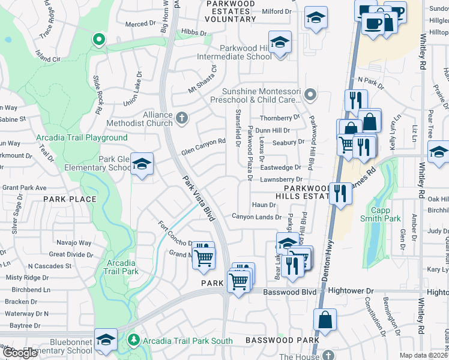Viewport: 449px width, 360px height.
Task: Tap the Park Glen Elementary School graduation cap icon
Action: [141, 164]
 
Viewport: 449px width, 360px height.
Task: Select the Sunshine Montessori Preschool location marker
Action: [310, 94]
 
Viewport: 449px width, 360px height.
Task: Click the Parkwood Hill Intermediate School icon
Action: [279, 44]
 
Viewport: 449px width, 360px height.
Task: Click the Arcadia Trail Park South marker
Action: [134, 341]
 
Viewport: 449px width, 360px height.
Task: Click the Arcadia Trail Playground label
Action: [82, 137]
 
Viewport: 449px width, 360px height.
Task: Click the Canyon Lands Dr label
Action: [257, 217]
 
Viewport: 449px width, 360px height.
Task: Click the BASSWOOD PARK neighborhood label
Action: [283, 340]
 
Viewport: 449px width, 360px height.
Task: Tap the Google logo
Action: [20, 353]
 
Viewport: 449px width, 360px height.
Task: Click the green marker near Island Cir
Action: [98, 40]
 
